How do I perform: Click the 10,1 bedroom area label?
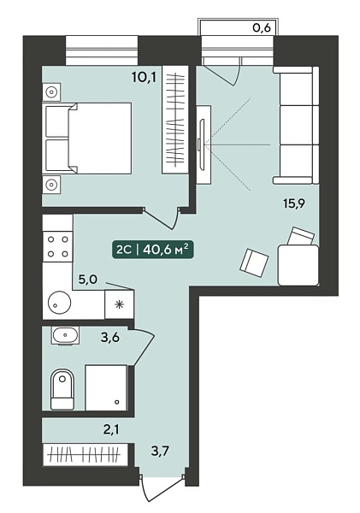144,78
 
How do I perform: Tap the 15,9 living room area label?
294,203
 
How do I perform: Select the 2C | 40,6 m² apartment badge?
152,250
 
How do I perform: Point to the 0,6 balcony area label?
262,28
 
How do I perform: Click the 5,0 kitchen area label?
88,280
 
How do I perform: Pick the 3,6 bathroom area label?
110,337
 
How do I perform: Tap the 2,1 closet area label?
111,429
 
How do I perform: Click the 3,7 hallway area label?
160,451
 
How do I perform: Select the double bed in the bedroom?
86,138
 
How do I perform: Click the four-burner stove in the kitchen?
57,246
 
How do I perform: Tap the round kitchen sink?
60,303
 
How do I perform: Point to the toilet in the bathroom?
62,390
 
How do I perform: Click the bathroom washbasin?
66,335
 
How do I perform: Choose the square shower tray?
106,387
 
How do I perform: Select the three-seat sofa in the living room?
296,125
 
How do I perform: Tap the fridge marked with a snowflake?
119,304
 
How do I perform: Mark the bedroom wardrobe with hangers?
175,120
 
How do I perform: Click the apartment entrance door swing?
162,488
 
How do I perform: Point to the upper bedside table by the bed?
51,92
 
